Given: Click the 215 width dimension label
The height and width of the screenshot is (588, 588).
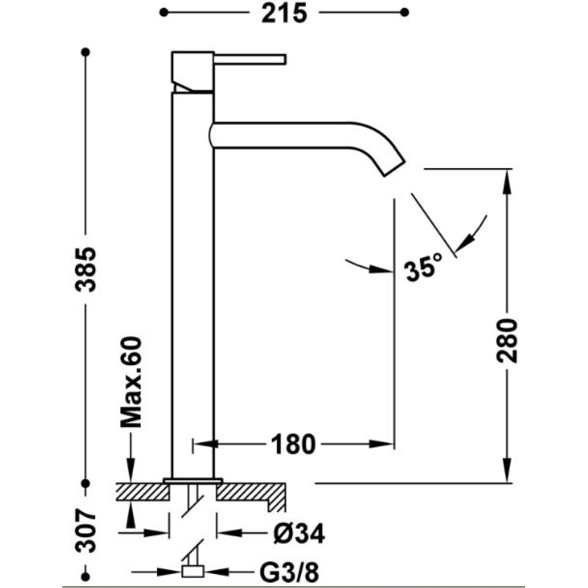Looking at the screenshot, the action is (x=284, y=14).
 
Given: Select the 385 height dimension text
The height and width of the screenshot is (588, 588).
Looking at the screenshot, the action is (x=86, y=269).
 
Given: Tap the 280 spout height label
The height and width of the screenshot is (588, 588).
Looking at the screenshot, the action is (x=507, y=340).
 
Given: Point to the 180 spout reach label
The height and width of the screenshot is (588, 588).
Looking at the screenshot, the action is (x=293, y=445).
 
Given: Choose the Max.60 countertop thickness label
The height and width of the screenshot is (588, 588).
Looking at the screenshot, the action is (x=131, y=382).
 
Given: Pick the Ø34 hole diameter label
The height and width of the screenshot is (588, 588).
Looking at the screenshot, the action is (x=299, y=533).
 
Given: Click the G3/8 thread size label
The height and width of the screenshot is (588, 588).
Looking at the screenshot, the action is (x=289, y=573).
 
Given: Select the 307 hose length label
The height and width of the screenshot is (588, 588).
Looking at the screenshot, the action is (x=86, y=530).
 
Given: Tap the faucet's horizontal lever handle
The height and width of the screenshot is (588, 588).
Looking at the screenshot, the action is (x=250, y=59).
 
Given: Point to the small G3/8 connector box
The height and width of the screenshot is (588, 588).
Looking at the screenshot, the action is (x=192, y=572).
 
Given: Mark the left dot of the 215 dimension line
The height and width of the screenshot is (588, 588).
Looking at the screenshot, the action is (x=163, y=12).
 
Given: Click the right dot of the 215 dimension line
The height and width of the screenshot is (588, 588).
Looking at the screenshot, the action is (x=405, y=12).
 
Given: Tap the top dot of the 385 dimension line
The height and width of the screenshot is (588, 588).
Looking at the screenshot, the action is (x=85, y=52).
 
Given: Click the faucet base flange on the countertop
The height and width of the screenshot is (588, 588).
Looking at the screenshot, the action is (x=193, y=480).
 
